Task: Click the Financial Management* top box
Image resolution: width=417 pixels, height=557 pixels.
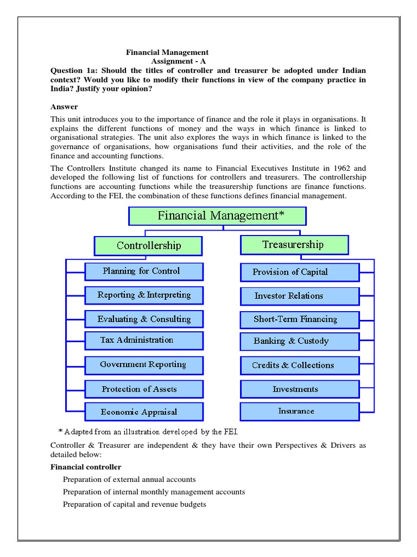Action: pyautogui.click(x=217, y=216)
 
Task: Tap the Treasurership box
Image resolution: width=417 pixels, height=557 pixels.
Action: pyautogui.click(x=294, y=245)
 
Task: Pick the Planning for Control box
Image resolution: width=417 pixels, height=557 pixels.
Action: pyautogui.click(x=144, y=271)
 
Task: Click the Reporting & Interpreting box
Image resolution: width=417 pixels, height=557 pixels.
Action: pyautogui.click(x=144, y=295)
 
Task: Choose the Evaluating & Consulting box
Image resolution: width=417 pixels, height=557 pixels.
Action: pyautogui.click(x=144, y=319)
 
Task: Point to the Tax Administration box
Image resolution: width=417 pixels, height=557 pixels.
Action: pyautogui.click(x=144, y=341)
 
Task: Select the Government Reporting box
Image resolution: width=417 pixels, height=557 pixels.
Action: pyautogui.click(x=144, y=365)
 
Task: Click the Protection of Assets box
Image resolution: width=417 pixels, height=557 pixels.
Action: pyautogui.click(x=144, y=389)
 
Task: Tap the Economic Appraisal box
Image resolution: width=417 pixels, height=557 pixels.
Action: pyautogui.click(x=144, y=412)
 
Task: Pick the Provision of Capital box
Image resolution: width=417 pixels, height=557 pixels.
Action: pyautogui.click(x=299, y=272)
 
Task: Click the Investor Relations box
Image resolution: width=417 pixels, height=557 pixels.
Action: pyautogui.click(x=299, y=296)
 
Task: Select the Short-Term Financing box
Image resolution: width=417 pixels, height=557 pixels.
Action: pyautogui.click(x=299, y=319)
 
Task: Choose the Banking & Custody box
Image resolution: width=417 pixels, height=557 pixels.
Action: pyautogui.click(x=299, y=342)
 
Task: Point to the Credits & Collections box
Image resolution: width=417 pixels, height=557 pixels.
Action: pyautogui.click(x=299, y=366)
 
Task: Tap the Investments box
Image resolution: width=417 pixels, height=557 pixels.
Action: pyautogui.click(x=299, y=389)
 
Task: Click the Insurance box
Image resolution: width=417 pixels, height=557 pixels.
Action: pyautogui.click(x=299, y=411)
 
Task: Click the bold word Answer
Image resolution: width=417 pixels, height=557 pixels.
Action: pyautogui.click(x=64, y=107)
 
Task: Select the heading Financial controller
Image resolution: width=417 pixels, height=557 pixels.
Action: pyautogui.click(x=86, y=467)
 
